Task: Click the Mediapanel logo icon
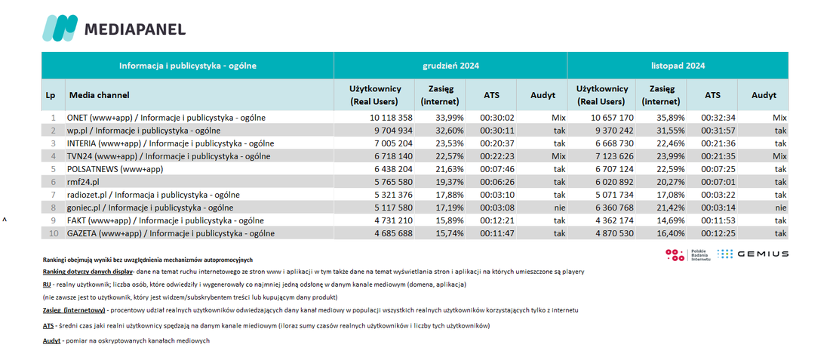point(60,28)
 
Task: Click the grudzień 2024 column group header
point(450,66)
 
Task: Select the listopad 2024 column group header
point(678,66)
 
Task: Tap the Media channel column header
point(99,95)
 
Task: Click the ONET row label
point(166,118)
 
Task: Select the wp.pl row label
point(143,131)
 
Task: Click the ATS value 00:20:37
point(497,143)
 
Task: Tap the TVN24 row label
point(169,156)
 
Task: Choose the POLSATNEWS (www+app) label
point(115,169)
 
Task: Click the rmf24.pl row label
point(83,182)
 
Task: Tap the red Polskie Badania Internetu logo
point(675,255)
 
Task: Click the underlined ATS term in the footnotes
point(48,326)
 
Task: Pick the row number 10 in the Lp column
point(52,233)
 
